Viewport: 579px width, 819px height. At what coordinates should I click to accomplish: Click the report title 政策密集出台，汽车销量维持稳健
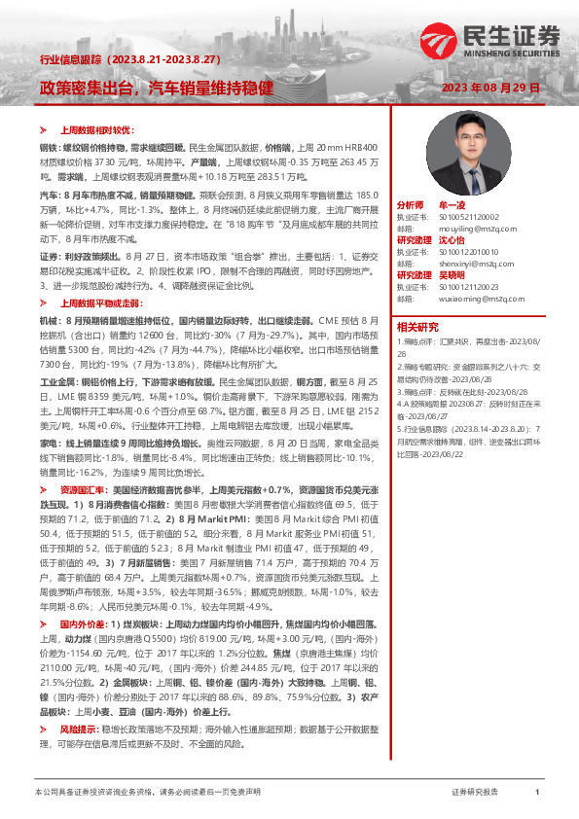coord(156,88)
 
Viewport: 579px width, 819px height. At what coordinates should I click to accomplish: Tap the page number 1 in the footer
coord(537,794)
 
